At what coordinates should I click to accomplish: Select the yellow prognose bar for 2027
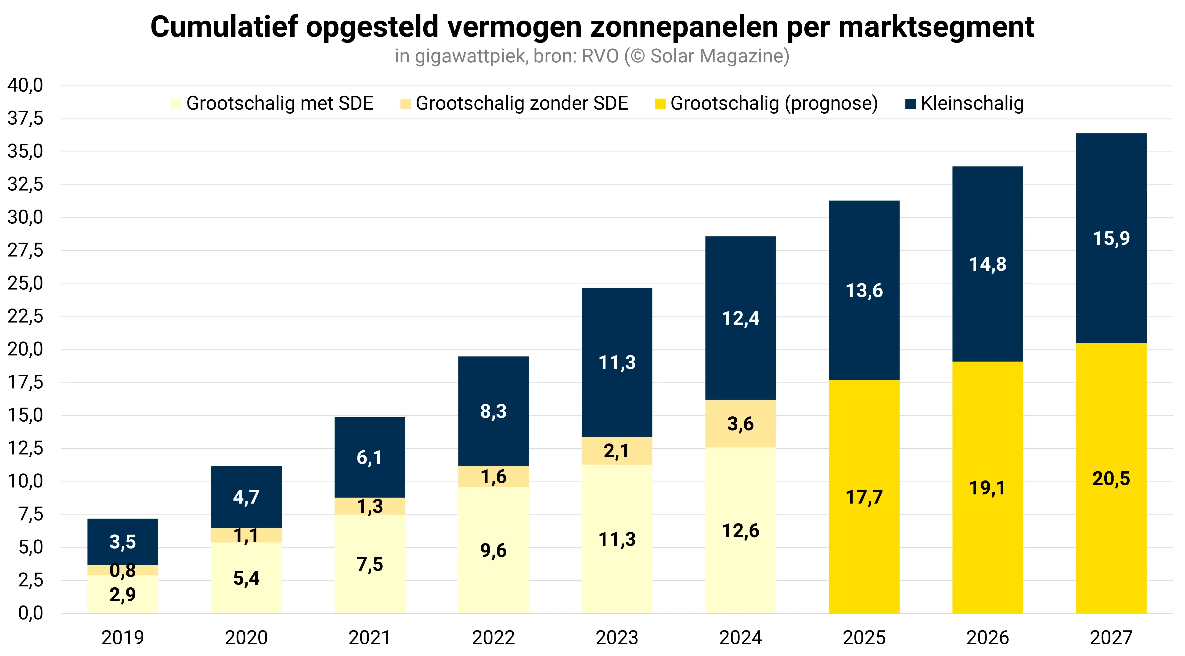tap(1111, 478)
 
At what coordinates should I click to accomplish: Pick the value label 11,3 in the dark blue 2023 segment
tap(617, 362)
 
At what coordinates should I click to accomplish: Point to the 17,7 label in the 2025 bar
tap(864, 497)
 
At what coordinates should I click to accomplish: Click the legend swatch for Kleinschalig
tap(910, 104)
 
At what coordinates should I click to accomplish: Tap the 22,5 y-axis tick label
tap(25, 316)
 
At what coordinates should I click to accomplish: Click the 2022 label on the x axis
tap(493, 638)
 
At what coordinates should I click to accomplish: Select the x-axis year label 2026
tap(987, 638)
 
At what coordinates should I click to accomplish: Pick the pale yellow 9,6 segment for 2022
tap(493, 550)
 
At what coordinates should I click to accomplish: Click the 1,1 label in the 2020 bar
tap(246, 535)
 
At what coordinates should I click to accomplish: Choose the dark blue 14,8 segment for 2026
tap(987, 264)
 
